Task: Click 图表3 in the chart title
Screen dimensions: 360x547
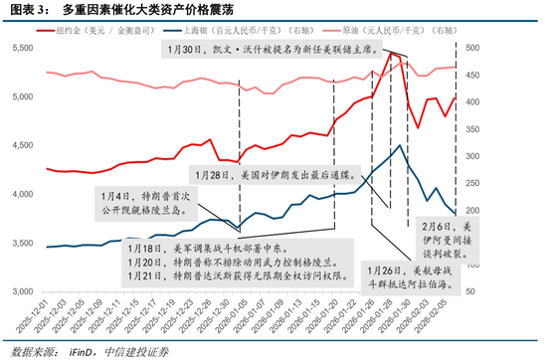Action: coord(29,10)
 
